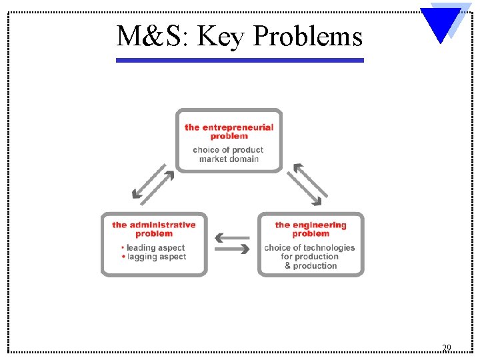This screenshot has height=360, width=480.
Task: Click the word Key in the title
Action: (x=221, y=36)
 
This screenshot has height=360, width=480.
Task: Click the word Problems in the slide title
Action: (x=308, y=36)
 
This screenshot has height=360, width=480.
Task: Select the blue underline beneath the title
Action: (x=240, y=60)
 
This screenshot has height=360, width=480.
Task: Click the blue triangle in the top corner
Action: (x=440, y=24)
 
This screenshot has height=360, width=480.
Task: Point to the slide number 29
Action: (x=447, y=348)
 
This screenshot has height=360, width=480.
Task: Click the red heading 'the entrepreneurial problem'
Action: (x=229, y=131)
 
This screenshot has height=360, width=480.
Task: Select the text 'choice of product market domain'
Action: (x=229, y=155)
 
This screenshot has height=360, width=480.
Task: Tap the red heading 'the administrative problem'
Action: (x=154, y=229)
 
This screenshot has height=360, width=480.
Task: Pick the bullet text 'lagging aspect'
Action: (x=156, y=257)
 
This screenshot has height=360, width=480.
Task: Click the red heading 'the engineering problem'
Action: (x=311, y=229)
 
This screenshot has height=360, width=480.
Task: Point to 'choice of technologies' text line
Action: (x=310, y=248)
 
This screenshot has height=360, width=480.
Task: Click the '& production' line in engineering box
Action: (x=311, y=266)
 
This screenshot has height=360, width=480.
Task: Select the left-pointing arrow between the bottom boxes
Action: (x=232, y=237)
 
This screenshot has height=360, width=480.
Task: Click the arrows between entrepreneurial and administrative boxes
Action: (x=153, y=183)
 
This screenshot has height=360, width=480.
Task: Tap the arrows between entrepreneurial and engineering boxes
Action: (x=307, y=183)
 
